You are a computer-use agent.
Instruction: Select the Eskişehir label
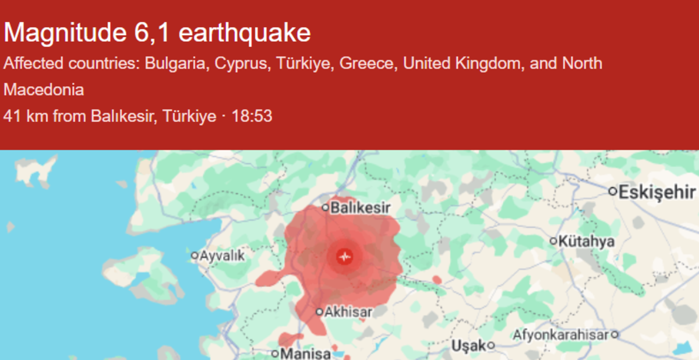658,192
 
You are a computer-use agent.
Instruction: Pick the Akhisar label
348,312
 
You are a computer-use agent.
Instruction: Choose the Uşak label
469,345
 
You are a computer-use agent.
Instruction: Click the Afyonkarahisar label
561,335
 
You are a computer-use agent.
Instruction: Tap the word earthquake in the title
245,33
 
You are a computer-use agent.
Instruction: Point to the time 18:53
252,116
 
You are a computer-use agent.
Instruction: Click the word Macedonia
44,90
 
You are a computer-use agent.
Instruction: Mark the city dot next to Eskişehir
613,191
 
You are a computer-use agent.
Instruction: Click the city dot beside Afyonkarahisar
615,335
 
